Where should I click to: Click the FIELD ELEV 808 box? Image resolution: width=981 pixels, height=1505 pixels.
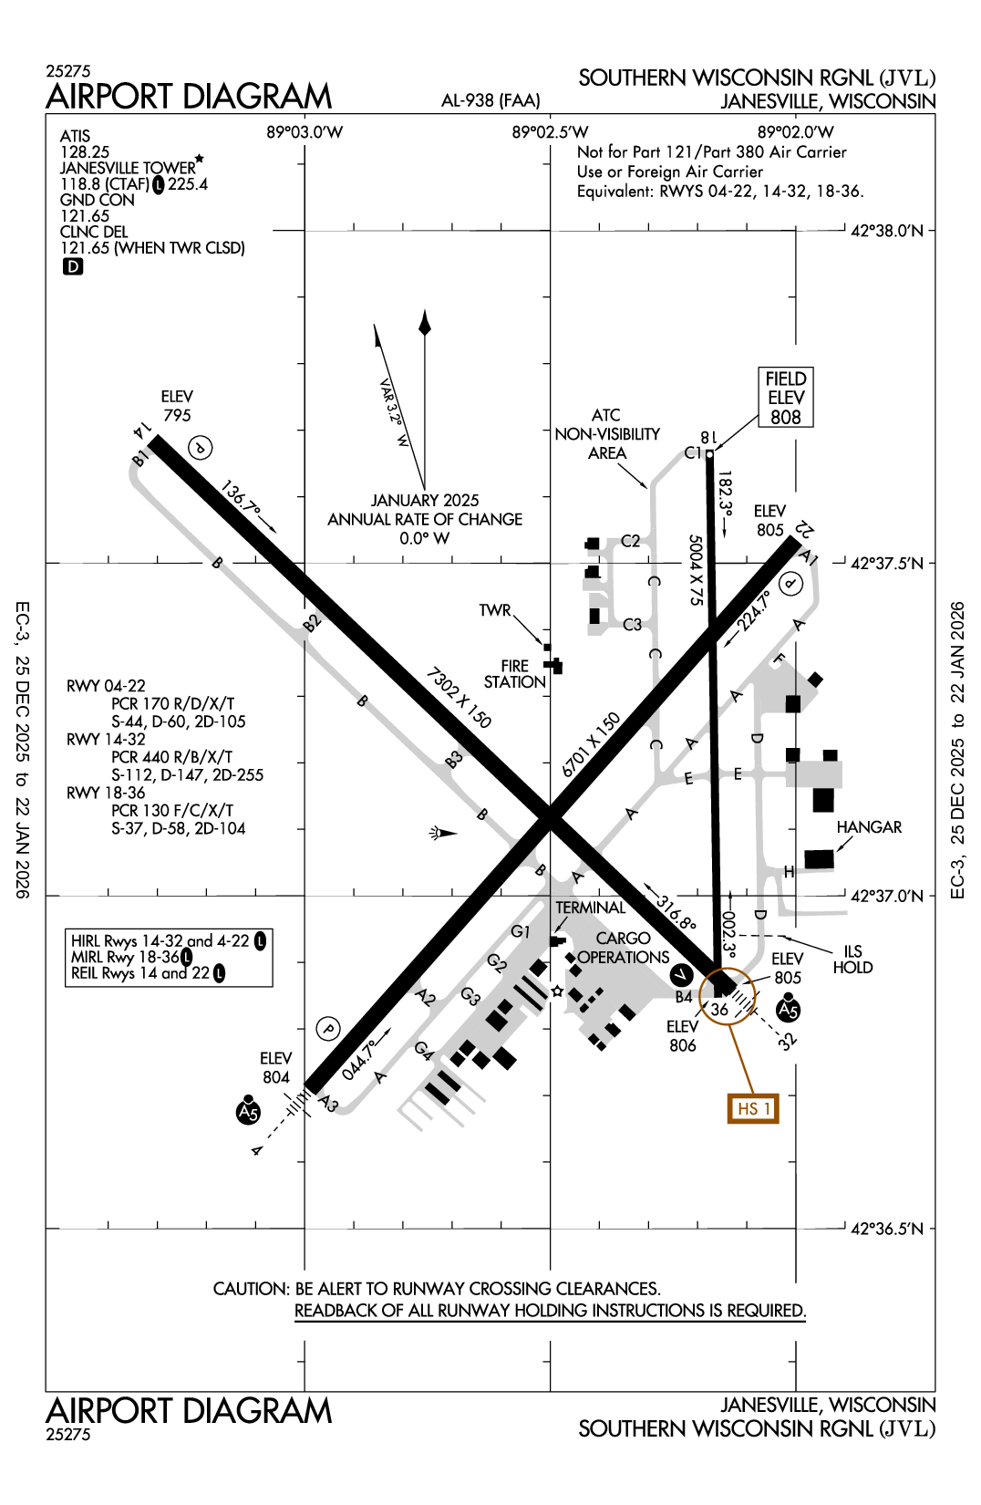785,398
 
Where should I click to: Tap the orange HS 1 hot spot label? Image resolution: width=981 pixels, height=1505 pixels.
753,1108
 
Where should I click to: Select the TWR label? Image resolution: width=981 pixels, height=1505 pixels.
495,610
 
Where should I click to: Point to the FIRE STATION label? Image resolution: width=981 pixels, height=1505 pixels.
514,674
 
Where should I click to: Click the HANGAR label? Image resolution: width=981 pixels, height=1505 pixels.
869,827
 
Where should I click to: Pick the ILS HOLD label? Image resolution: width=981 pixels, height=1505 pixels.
852,960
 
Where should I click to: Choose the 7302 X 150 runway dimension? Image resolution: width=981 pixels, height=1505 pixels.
459,698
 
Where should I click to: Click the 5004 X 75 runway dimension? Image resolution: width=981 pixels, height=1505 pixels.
696,570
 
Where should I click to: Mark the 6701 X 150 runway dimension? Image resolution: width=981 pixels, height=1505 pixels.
591,744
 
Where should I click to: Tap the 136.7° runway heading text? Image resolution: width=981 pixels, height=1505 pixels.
241,501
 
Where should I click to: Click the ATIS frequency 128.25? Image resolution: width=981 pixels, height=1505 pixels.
85,152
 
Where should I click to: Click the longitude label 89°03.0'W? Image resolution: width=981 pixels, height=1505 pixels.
305,132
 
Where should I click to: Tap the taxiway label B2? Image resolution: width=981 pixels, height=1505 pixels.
312,623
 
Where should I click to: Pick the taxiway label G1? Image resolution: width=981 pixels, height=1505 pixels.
521,931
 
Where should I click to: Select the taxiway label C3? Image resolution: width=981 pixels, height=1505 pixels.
633,625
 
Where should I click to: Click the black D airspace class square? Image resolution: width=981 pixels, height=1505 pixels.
72,266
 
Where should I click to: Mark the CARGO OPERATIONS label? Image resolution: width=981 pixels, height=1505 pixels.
624,948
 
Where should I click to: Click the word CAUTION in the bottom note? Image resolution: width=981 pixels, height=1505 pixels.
250,1289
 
